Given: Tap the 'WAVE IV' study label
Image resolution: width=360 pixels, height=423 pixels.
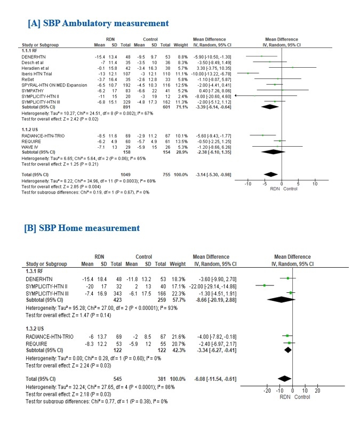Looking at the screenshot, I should point(29,147).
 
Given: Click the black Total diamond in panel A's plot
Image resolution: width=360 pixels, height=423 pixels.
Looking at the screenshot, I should point(271,174).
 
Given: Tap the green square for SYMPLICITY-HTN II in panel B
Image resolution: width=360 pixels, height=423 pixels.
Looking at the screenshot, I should point(265,285).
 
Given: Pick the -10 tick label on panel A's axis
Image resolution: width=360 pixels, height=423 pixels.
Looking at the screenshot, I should point(247,184).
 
